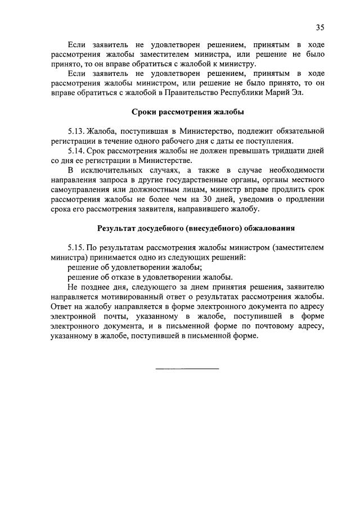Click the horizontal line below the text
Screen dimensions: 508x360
(187, 369)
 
